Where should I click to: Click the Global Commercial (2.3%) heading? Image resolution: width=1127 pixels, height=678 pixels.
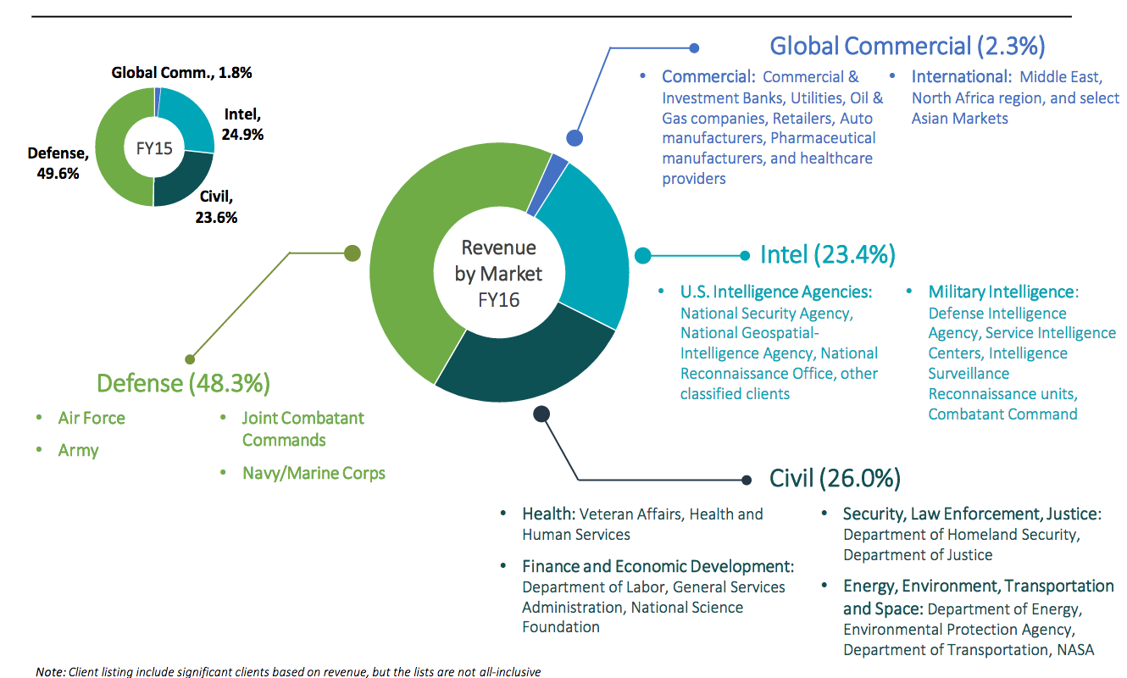point(907,45)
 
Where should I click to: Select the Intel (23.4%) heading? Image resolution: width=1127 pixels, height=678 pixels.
point(827,254)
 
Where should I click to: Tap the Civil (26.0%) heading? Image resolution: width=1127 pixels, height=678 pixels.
point(834,478)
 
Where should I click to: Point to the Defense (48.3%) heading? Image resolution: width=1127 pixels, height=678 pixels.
point(183,383)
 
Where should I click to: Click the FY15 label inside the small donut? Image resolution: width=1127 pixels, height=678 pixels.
point(154,148)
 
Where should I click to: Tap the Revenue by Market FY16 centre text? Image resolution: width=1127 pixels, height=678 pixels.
point(498,273)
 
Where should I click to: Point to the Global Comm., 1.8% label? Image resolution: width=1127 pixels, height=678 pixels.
point(182,73)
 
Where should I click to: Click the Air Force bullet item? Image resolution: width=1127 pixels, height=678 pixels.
point(92,418)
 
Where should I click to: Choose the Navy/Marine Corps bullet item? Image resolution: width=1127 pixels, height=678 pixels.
point(314,473)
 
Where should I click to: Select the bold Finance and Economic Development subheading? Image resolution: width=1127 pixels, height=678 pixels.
point(658,566)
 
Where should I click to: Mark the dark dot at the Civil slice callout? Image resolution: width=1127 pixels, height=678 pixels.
point(542,414)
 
